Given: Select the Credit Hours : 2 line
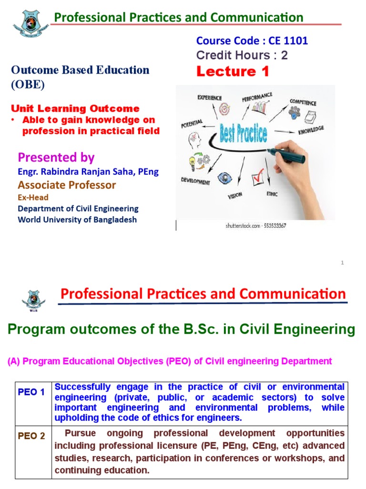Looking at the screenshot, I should (242, 55).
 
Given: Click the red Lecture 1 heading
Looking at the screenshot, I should (233, 72).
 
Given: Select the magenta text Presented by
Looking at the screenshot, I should (56, 157).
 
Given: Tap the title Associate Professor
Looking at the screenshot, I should (67, 185).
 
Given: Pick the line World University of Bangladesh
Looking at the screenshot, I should (77, 220).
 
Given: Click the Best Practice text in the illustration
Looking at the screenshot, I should (244, 133).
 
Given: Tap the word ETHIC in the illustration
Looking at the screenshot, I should (272, 194).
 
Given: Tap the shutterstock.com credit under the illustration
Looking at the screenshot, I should (255, 226).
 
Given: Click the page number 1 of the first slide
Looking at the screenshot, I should (342, 262).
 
